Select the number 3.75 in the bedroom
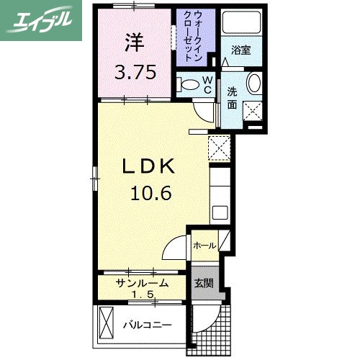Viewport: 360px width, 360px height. (x=135, y=73)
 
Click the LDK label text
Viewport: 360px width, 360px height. (x=149, y=166)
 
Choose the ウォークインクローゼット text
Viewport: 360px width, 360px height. (x=197, y=37)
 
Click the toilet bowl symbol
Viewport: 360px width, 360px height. (x=189, y=85)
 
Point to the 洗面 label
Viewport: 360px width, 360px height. (x=233, y=96)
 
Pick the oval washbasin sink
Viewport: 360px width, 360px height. (x=254, y=83)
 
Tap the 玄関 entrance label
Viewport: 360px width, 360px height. (x=202, y=283)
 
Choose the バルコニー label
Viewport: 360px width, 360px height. (x=146, y=325)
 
